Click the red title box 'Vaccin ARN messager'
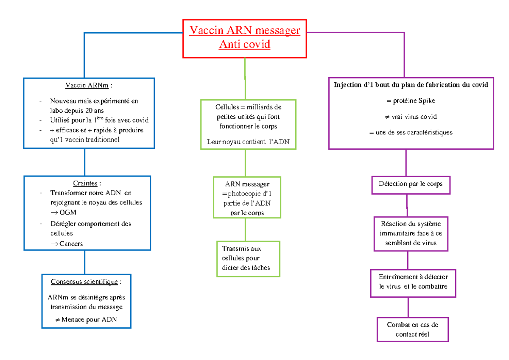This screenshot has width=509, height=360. click(x=244, y=38)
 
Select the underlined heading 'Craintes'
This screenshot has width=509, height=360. click(x=86, y=183)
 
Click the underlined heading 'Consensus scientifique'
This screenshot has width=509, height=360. click(x=85, y=282)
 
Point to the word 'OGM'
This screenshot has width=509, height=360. click(x=68, y=213)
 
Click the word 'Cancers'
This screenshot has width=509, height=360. click(x=71, y=243)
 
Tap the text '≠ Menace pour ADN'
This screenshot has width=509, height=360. click(x=86, y=319)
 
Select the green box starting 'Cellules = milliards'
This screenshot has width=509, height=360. click(x=248, y=124)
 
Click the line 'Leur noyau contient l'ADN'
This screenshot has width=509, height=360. click(x=248, y=142)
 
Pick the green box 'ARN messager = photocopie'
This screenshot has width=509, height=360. click(x=247, y=198)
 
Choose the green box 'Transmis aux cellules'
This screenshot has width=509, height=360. click(x=248, y=258)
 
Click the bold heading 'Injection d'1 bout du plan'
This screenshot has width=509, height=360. click(x=411, y=85)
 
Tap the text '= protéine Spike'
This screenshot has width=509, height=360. click(x=411, y=101)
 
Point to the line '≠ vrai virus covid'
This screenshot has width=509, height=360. click(x=411, y=117)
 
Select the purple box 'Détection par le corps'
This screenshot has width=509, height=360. click(x=411, y=184)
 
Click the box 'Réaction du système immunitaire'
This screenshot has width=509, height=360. click(x=411, y=234)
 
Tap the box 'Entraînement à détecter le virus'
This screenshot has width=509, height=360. click(x=413, y=282)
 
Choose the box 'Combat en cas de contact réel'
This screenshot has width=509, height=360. click(x=412, y=329)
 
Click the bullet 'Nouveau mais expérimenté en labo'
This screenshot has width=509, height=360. click(x=94, y=101)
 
